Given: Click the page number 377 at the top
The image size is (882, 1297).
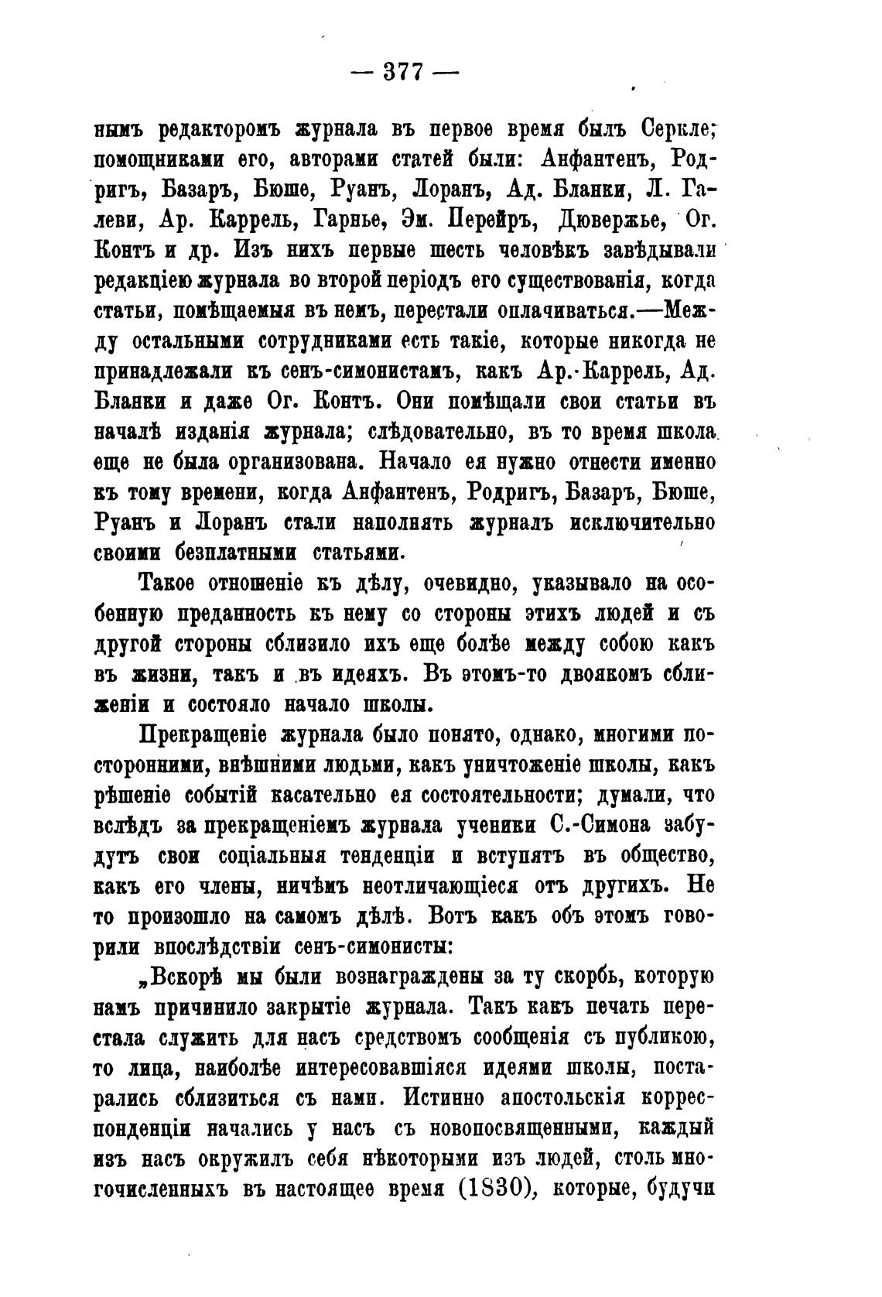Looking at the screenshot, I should tap(405, 73).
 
